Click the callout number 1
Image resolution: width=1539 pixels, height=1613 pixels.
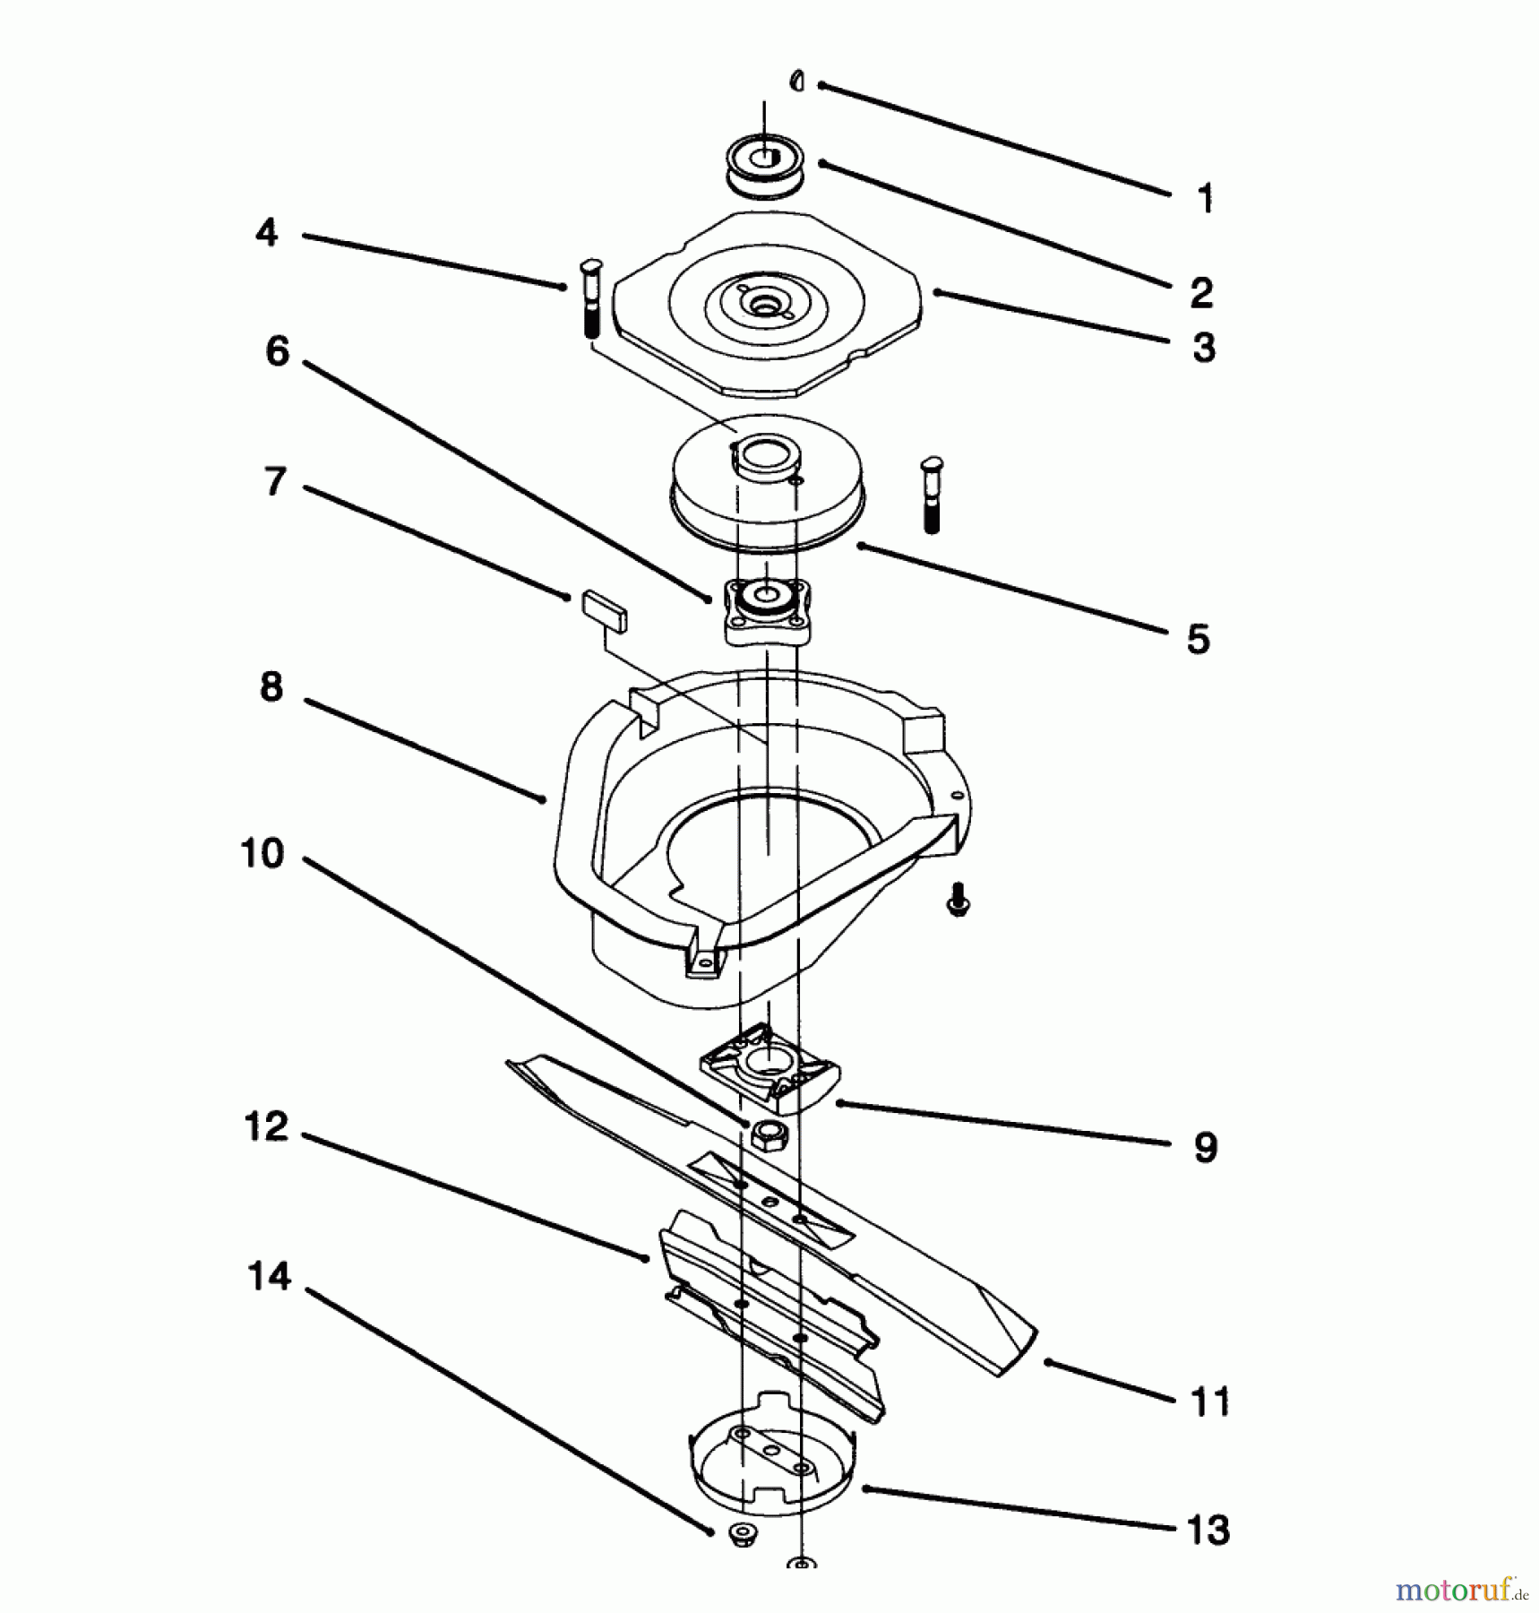[1205, 197]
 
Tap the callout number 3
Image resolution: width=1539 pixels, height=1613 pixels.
[1204, 348]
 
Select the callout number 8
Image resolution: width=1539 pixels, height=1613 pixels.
[271, 687]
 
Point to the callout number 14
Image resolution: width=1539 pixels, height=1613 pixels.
[269, 1276]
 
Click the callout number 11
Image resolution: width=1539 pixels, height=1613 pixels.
[1210, 1402]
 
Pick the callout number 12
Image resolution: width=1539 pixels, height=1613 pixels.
[266, 1126]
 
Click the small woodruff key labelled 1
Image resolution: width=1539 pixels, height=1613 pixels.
[796, 82]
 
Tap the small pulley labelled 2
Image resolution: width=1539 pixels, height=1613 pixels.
[764, 166]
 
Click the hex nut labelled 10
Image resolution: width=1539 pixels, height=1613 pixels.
[769, 1136]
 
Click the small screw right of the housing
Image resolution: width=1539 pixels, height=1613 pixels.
[959, 899]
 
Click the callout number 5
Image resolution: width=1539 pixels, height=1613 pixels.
[1198, 640]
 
